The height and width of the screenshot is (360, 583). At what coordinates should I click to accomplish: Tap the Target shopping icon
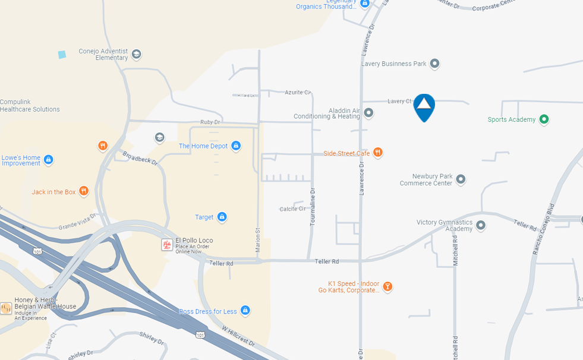(x=222, y=217)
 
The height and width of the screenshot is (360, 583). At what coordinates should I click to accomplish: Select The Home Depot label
(x=203, y=146)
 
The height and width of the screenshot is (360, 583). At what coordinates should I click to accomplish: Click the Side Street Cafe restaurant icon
(x=377, y=153)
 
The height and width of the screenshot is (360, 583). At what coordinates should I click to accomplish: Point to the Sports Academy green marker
(x=543, y=119)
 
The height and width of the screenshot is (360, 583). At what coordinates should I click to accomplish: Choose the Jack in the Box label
(x=53, y=192)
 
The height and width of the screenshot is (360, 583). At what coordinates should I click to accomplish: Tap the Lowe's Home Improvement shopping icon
(x=49, y=159)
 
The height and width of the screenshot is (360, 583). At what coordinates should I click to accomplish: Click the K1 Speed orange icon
(x=387, y=287)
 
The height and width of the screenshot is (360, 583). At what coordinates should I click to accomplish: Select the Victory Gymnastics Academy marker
(x=481, y=225)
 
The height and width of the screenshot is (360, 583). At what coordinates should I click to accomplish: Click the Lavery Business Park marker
(x=434, y=63)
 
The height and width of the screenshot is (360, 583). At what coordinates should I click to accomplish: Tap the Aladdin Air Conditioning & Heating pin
(x=368, y=112)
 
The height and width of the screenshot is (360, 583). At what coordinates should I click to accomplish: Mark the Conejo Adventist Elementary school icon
(x=136, y=54)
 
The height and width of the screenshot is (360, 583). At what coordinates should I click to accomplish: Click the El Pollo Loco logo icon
(x=167, y=244)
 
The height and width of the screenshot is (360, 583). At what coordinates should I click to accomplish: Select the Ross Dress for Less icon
(x=245, y=310)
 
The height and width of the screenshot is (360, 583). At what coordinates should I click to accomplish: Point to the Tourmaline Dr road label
(x=313, y=207)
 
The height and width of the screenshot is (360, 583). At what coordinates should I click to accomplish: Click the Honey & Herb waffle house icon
(x=6, y=308)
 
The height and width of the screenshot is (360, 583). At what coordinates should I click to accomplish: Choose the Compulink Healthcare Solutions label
(x=30, y=106)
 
